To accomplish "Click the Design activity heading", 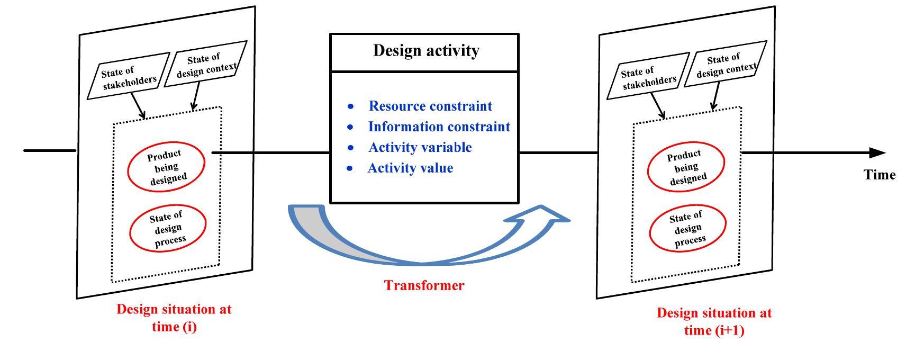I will click(426, 51).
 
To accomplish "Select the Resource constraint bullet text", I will click(430, 106).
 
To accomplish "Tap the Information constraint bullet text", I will click(439, 127).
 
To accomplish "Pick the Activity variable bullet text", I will click(420, 147).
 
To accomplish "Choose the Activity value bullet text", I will click(410, 168).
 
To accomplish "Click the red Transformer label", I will click(424, 285).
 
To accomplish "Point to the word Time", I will click(879, 175).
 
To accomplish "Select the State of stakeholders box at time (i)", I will click(129, 77).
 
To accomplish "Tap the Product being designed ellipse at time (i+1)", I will click(686, 167).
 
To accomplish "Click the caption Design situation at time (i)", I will click(174, 318).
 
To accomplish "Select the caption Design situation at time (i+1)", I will click(714, 321).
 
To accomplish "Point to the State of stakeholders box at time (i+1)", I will click(649, 77).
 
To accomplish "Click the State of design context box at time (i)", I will click(206, 65).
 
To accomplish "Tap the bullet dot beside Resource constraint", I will click(350, 107).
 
